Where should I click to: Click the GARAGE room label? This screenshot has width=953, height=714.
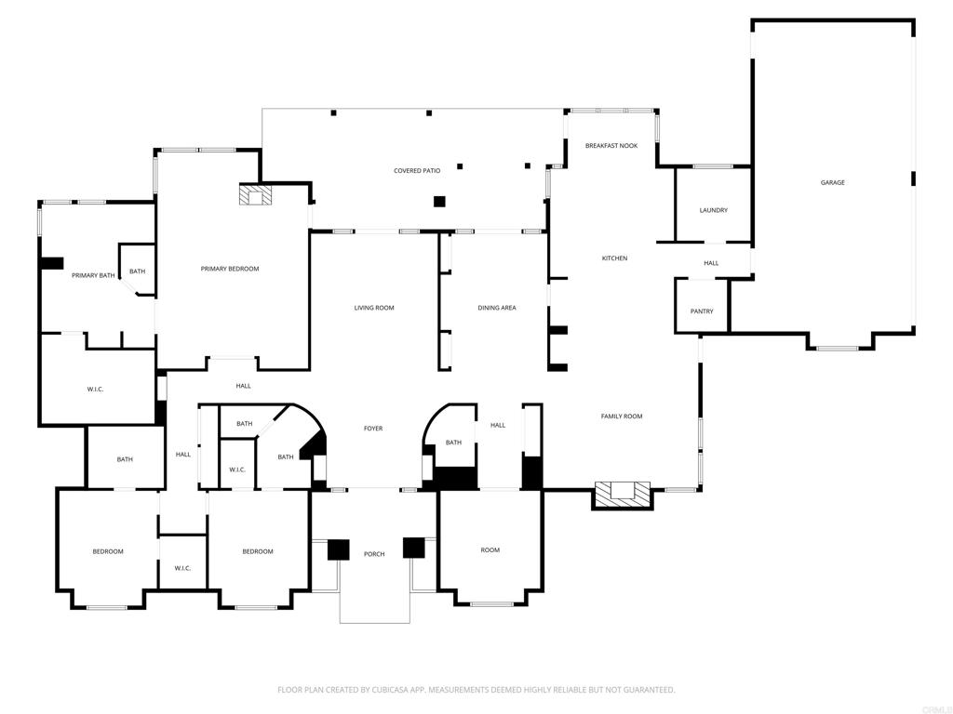(x=833, y=182)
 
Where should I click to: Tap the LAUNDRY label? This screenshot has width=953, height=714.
(x=714, y=210)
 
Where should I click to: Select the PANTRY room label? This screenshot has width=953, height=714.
(x=702, y=311)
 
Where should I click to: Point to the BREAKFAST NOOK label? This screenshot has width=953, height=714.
(x=611, y=146)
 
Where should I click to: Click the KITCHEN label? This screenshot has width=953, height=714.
(x=614, y=258)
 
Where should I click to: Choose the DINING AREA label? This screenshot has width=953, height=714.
(x=497, y=308)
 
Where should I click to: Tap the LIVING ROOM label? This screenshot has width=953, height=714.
(x=374, y=308)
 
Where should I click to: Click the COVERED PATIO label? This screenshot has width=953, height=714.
(x=417, y=171)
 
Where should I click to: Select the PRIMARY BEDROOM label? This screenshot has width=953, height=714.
(x=230, y=269)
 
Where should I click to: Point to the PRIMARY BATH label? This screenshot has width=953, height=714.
(x=93, y=275)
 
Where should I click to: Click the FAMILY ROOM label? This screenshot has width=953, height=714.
(x=622, y=416)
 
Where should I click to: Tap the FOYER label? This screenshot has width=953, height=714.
(x=373, y=428)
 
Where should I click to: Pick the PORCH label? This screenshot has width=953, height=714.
(x=374, y=554)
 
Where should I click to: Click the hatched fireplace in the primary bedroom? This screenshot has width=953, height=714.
(x=255, y=195)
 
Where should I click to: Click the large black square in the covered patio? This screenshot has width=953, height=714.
(x=439, y=202)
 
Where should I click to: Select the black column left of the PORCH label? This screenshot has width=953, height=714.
(x=339, y=549)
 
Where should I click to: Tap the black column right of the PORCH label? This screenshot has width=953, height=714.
(x=414, y=548)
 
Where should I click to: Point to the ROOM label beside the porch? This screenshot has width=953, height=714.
(x=490, y=550)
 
